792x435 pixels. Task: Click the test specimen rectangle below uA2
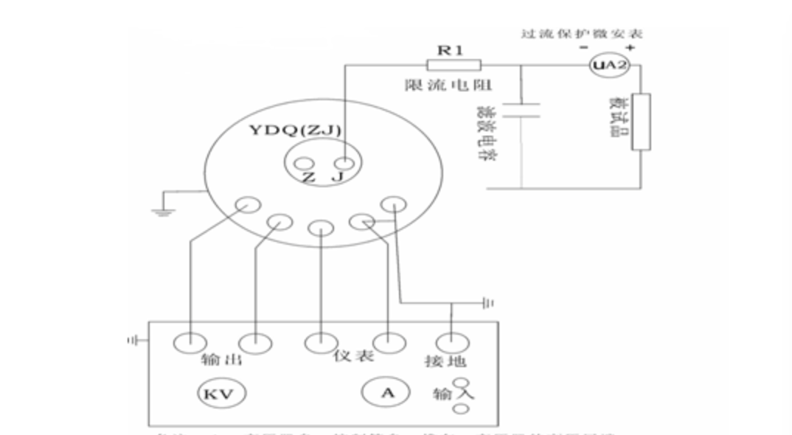tap(641, 121)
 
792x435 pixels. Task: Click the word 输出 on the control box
tap(222, 361)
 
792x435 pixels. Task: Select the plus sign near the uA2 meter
tap(631, 47)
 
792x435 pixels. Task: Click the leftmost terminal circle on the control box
tap(190, 342)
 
